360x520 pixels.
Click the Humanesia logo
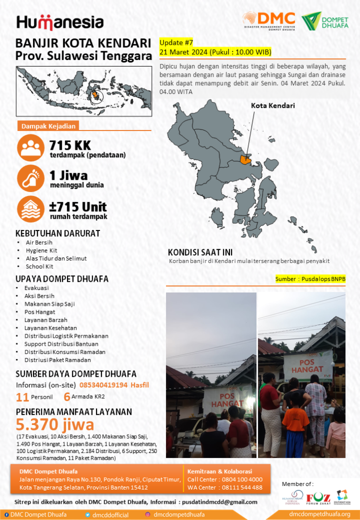point(60,22)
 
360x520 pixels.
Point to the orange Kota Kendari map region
point(246,159)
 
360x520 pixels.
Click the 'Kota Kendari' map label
point(273,106)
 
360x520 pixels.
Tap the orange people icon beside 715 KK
point(30,147)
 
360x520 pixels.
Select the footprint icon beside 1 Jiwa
point(30,178)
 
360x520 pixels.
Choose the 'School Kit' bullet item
point(39,266)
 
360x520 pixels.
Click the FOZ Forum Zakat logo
point(318,497)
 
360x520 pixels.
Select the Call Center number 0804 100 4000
point(242,479)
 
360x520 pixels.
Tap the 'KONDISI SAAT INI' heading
point(200,252)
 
